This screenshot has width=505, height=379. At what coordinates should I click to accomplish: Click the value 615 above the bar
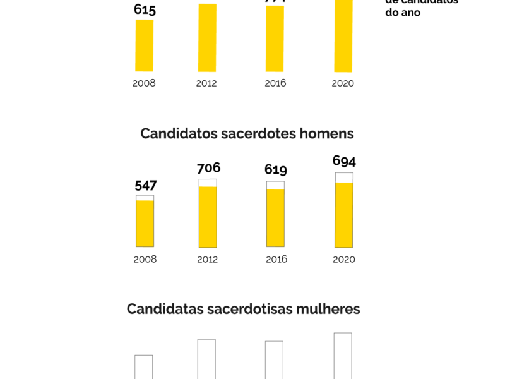click(145, 10)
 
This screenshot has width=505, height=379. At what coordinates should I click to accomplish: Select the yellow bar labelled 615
click(145, 45)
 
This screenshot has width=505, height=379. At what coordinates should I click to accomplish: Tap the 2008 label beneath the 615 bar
click(144, 83)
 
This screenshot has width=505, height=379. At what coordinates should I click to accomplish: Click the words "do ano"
click(403, 12)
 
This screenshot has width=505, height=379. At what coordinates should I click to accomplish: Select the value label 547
click(145, 186)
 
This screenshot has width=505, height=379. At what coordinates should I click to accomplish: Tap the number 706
click(208, 168)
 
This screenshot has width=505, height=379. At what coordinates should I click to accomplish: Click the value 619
click(276, 170)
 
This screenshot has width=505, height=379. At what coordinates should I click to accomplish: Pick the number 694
click(344, 161)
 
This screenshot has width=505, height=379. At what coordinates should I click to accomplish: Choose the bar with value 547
click(145, 222)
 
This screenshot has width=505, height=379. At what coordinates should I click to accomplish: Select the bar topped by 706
click(208, 215)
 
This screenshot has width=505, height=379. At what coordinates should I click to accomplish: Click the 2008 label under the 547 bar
click(145, 259)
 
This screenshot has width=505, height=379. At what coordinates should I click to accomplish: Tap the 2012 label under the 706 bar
click(208, 260)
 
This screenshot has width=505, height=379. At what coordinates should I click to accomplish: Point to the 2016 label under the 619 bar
click(276, 259)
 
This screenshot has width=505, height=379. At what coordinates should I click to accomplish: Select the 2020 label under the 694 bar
click(343, 259)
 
